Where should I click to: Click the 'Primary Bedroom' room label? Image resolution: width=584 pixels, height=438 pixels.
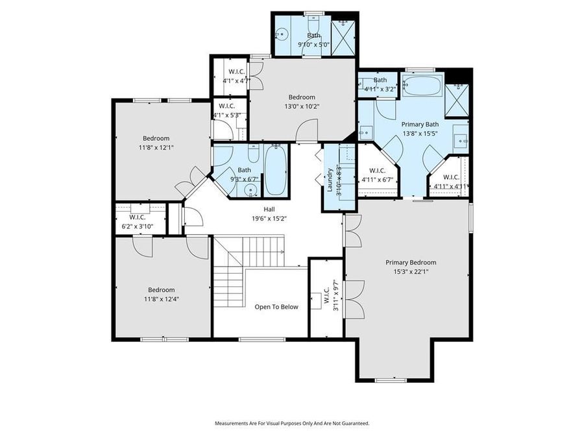tap(411, 262)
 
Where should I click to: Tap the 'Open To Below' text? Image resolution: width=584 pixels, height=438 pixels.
tap(276, 307)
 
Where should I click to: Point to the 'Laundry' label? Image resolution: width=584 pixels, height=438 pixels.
tap(330, 180)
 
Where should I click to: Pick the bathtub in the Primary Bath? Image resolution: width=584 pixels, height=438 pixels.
tap(422, 86)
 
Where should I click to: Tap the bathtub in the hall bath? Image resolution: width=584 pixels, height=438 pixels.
tap(275, 171)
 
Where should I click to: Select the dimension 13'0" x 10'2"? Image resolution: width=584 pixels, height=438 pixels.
tap(301, 107)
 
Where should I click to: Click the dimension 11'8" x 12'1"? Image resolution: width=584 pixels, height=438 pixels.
tap(156, 147)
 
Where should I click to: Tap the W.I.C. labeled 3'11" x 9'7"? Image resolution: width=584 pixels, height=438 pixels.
tap(335, 295)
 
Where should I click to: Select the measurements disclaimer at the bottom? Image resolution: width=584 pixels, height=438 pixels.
tap(292, 423)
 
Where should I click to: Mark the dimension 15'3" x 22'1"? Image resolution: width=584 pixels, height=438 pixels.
tap(411, 272)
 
